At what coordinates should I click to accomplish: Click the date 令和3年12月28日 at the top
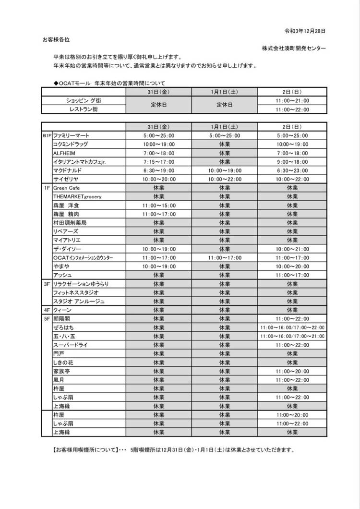pos(305,31)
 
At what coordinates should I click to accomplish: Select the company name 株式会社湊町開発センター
pos(294,48)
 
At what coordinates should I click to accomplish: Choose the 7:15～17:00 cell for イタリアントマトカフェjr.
pos(158,162)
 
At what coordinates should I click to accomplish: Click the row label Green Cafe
pos(67,188)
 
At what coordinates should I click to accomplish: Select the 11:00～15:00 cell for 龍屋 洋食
pos(158,206)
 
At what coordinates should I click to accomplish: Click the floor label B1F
pos(47,136)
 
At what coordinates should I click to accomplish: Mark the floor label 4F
pos(47,310)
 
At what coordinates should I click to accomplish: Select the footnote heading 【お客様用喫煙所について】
pos(83,450)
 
